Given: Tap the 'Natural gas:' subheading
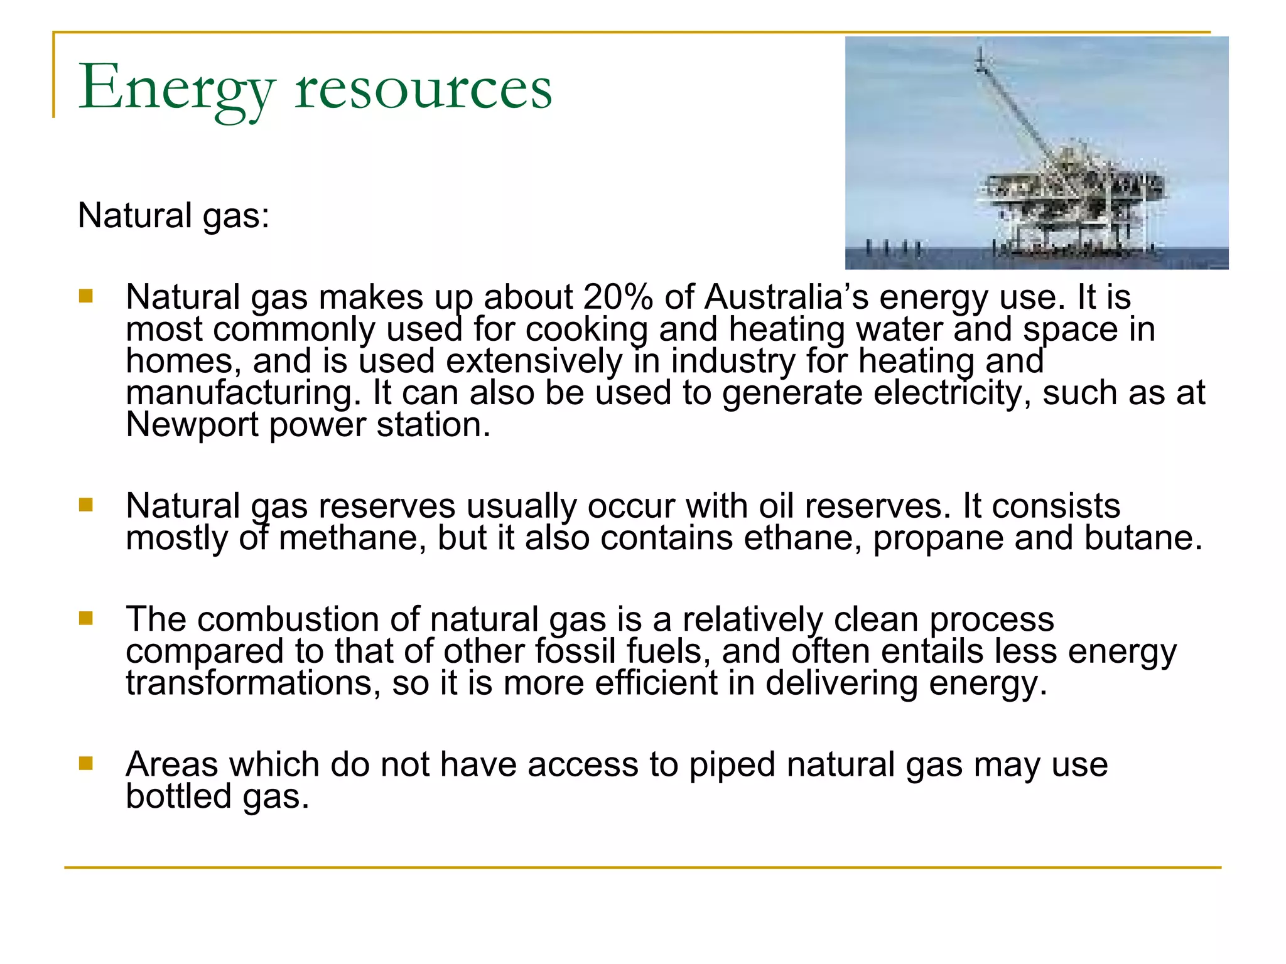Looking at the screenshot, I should point(173,216).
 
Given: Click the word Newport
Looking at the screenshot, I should point(192,425).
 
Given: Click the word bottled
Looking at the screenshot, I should point(179,796).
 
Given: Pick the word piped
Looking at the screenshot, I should point(732,766).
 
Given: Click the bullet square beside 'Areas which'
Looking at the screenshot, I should point(86,763).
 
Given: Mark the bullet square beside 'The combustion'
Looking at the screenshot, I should point(86,619).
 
